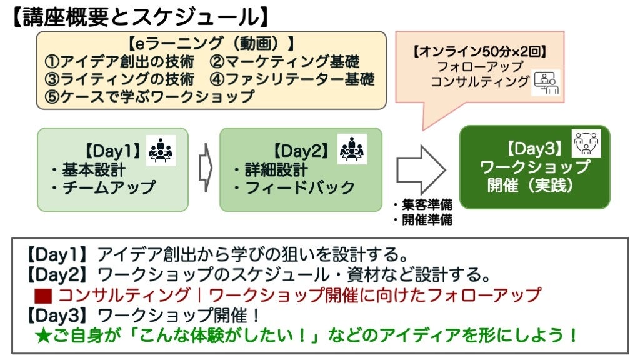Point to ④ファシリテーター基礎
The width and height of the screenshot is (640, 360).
point(292,79)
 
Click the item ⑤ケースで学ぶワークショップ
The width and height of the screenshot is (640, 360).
point(150,97)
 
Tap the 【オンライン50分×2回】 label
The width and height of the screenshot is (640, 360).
point(479,51)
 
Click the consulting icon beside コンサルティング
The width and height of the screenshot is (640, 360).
point(546,83)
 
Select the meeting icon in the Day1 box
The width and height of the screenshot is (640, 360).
point(162,151)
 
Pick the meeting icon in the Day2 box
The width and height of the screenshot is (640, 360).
point(352,150)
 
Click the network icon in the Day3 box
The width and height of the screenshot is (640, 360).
point(586,143)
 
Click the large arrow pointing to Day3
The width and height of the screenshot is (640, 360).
point(421,169)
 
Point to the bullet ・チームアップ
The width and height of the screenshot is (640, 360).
point(104,187)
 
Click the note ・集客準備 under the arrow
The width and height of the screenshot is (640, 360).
point(422,205)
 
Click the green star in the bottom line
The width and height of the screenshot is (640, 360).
point(41,335)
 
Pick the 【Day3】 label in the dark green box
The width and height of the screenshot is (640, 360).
point(536,149)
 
